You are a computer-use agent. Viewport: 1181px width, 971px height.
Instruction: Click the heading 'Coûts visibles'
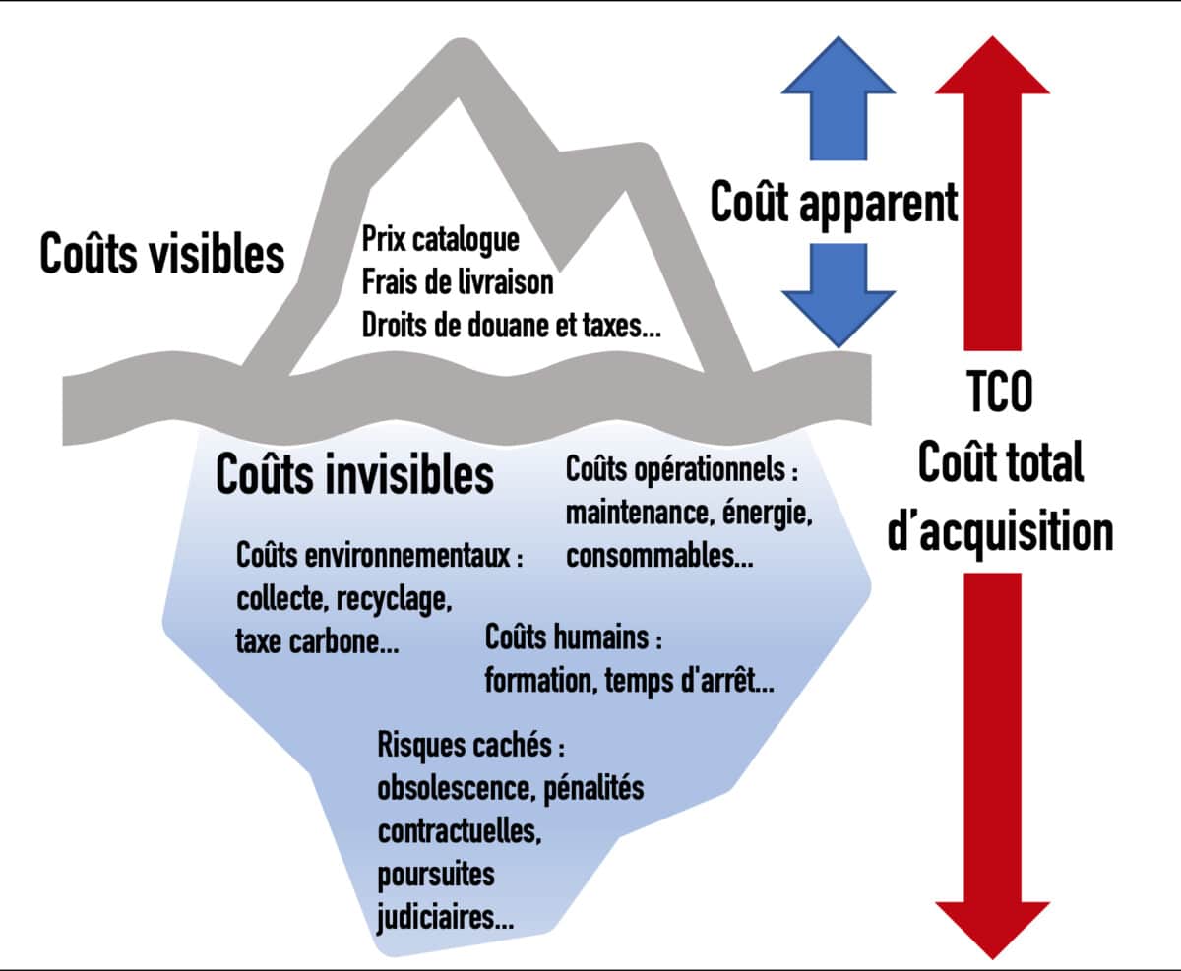tap(162, 254)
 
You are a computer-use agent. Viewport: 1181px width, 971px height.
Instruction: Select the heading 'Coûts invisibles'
tap(354, 474)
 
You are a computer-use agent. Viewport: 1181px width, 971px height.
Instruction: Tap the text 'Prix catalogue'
tap(440, 239)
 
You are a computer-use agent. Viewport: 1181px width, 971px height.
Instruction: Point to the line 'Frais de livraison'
tap(458, 282)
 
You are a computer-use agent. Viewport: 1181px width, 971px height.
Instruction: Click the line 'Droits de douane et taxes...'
tap(512, 326)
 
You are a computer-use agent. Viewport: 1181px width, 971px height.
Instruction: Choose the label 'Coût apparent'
tap(834, 203)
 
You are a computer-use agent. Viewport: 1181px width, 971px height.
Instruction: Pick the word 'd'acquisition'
tap(1000, 531)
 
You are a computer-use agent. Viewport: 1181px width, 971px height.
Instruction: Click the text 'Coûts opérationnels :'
tap(681, 470)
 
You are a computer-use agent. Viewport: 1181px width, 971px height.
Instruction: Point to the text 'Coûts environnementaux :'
tap(380, 556)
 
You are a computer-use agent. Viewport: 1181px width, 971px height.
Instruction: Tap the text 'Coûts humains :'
tap(573, 637)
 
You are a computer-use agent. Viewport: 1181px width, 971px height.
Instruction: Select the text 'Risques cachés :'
tap(471, 745)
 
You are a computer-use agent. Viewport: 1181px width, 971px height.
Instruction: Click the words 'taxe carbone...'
tap(317, 641)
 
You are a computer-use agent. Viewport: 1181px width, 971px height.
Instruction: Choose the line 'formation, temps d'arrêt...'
tap(629, 681)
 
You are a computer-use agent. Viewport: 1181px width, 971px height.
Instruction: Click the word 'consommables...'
tap(659, 556)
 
